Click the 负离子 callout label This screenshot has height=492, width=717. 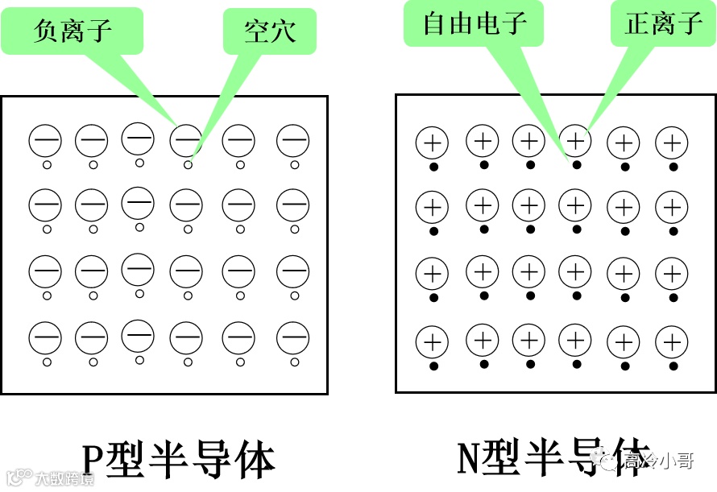73,31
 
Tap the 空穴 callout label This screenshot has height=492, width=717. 270,31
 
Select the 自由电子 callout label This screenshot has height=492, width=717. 475,23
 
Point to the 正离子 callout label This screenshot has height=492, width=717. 664,23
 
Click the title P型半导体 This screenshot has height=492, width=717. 179,460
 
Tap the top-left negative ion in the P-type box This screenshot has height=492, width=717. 45,142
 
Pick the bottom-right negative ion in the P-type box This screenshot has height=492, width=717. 292,337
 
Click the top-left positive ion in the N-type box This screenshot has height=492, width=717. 432,144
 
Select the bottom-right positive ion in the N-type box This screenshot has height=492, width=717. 671,343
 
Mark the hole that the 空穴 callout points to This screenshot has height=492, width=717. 189,164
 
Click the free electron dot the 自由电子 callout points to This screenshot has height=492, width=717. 577,165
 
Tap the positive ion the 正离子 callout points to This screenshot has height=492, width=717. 575,141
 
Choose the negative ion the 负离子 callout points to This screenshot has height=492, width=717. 185,140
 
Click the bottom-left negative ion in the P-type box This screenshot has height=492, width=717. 45,337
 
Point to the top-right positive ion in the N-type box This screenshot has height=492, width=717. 671,144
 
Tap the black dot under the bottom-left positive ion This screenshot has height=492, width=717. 433,366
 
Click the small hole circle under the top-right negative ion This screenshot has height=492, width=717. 293,164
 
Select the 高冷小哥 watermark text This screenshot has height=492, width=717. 657,461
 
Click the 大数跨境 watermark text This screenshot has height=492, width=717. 64,479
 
